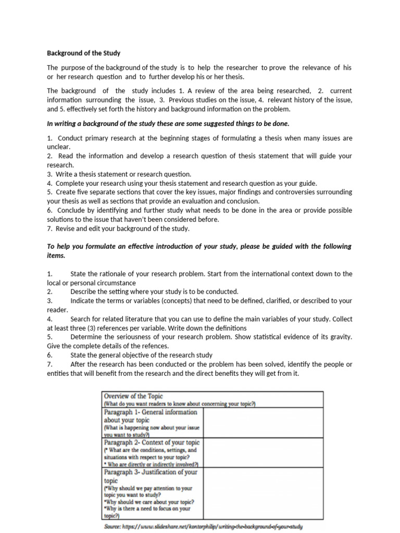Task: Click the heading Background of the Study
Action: (x=83, y=53)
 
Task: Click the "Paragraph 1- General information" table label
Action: (x=151, y=412)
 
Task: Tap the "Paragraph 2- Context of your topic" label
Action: (x=152, y=442)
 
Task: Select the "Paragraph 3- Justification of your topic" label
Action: (x=151, y=473)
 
